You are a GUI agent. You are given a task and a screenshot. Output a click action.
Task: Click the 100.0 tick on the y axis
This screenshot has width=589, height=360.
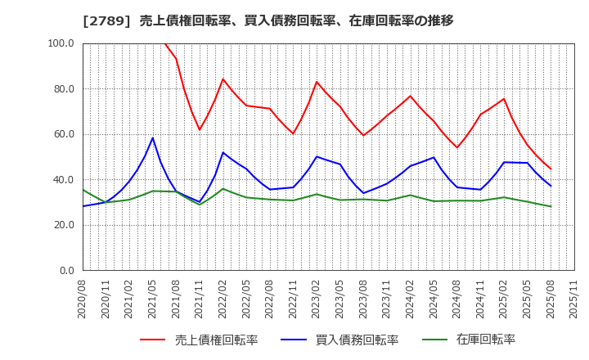[x=61, y=43]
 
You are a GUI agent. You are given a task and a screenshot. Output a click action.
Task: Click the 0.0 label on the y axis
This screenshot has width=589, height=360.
[x=66, y=271]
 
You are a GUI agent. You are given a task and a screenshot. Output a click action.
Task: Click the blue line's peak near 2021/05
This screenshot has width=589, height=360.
[x=153, y=137]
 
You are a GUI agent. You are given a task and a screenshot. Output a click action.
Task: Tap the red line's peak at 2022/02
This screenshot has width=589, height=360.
[x=223, y=79]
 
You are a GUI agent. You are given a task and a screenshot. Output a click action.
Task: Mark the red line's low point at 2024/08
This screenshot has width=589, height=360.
[x=457, y=147]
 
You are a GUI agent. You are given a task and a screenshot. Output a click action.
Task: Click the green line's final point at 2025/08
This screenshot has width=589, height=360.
[x=551, y=206]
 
